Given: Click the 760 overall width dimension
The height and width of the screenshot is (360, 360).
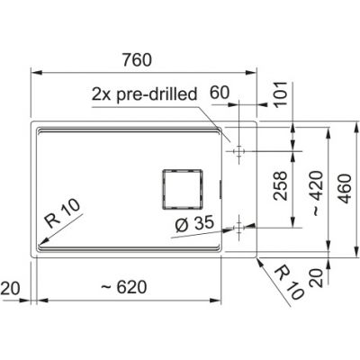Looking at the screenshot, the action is [137, 60].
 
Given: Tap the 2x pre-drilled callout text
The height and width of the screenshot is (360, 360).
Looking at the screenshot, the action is [144, 94].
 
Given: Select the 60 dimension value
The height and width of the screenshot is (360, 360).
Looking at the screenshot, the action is [219, 93].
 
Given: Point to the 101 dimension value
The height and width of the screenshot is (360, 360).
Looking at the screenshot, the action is [281, 93].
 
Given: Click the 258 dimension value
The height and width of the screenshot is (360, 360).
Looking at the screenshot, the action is [280, 185].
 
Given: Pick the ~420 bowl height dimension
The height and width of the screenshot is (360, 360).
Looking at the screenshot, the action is [317, 193].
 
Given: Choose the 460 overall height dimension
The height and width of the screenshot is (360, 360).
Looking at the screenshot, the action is [345, 189].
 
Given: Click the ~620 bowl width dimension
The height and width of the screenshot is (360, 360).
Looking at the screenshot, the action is [124, 287].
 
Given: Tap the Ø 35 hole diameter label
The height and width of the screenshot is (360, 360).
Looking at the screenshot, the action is [194, 223].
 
